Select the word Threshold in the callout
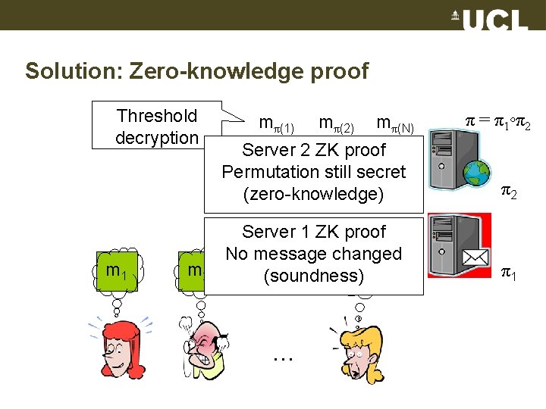tap(157, 116)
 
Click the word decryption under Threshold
tap(156, 138)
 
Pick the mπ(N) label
tap(394, 123)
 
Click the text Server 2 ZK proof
tap(313, 150)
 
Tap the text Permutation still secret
tap(313, 172)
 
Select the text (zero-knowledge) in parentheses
tap(313, 194)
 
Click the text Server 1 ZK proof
tap(313, 232)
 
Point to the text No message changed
tap(313, 254)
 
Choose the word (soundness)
tap(313, 276)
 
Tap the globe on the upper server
tap(477, 174)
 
